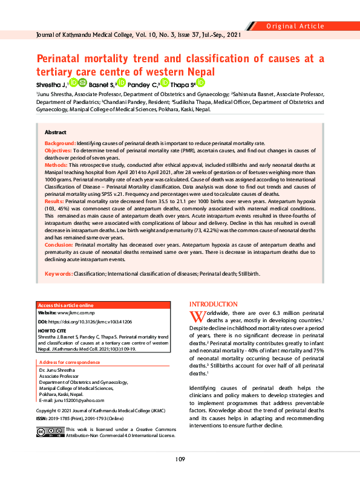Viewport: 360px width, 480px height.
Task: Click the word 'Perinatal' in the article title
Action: [x=64, y=59]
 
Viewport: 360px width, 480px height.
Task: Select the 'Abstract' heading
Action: [x=56, y=132]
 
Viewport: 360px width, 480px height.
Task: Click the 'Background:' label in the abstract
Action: [x=60, y=143]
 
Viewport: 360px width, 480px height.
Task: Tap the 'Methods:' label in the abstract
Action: [x=56, y=164]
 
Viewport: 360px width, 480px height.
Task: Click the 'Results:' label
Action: [x=54, y=199]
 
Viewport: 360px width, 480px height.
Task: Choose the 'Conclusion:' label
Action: [x=58, y=245]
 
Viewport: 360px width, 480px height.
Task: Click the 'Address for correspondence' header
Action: [x=68, y=362]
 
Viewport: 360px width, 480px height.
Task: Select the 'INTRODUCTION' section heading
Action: [x=214, y=304]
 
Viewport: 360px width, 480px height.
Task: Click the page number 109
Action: [x=180, y=459]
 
